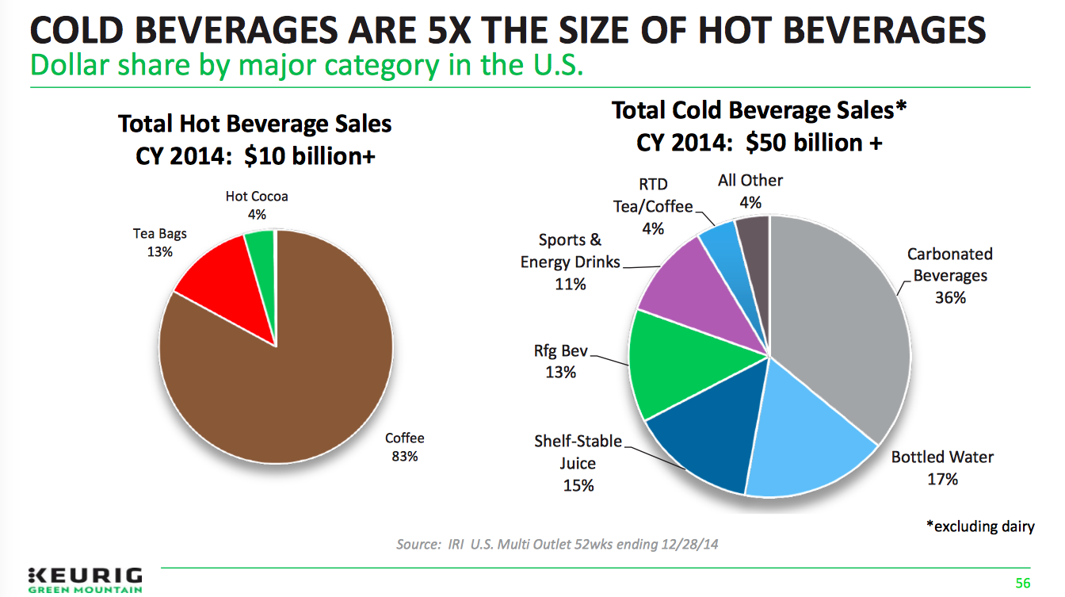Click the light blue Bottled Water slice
(x=800, y=444)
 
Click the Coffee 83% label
(x=404, y=447)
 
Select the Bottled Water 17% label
(x=942, y=468)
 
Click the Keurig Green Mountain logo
(x=85, y=579)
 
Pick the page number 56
(x=1023, y=584)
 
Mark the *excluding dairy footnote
(x=980, y=526)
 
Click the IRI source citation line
(x=559, y=545)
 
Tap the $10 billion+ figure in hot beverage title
(x=310, y=156)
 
